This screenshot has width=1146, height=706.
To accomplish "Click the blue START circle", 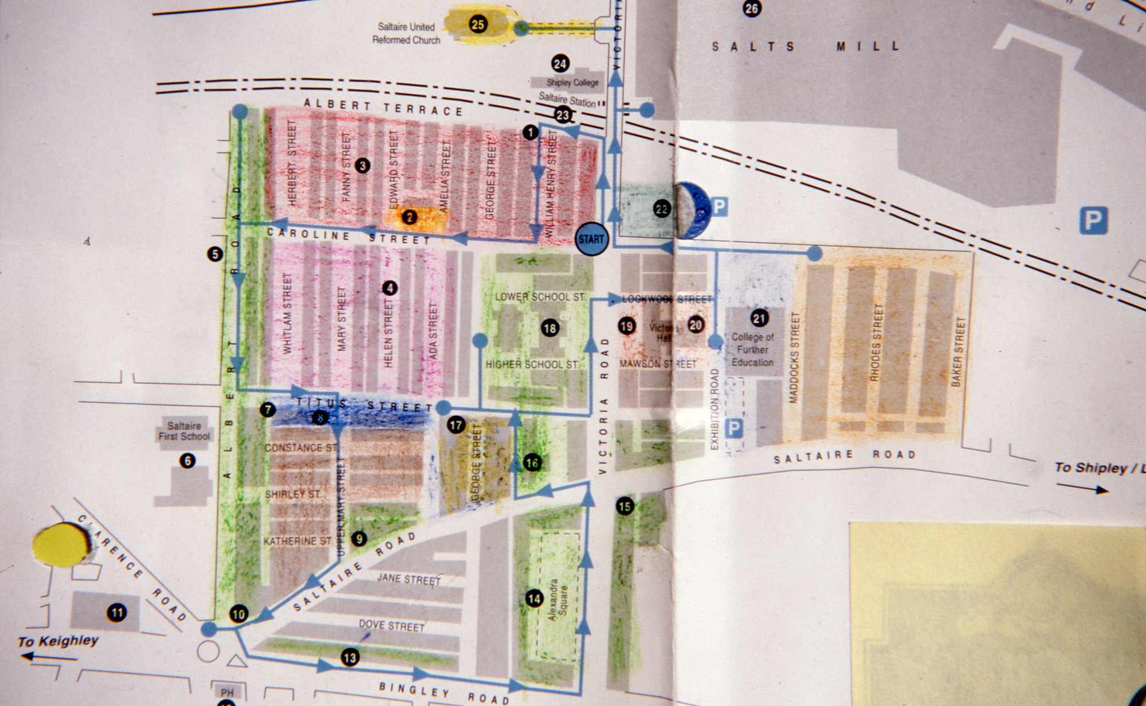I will coord(591,239).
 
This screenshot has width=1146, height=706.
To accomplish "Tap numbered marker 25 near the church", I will coord(478,25).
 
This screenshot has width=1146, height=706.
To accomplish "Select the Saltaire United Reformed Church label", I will coord(406,33).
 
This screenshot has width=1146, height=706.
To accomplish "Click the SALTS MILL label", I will coord(805,46).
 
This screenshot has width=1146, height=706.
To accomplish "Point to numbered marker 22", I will coord(662,209).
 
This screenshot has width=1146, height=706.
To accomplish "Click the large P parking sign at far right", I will coord(1093,221).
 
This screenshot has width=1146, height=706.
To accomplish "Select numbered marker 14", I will coord(534,599).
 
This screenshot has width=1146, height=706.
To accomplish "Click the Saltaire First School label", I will coord(184,431).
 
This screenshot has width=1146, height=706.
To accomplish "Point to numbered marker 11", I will coord(117,613).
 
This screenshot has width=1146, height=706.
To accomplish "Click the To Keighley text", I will coord(58,641).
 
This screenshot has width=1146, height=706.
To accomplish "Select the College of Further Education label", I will coord(752,350).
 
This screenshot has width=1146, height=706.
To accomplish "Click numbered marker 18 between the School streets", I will coord(550,328).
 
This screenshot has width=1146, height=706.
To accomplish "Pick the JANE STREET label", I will coord(409,579).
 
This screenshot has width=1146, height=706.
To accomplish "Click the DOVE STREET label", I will coord(392,625).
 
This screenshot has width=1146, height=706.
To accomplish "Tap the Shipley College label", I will coord(572,83).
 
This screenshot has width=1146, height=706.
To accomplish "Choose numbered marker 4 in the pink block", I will coord(390,288).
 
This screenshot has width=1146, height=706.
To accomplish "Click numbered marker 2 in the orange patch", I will coord(409,217).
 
